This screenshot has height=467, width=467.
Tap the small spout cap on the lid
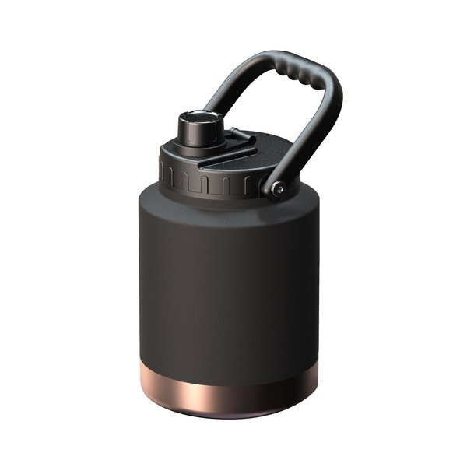pyautogui.click(x=200, y=129)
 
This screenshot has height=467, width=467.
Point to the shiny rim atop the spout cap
pyautogui.click(x=200, y=117)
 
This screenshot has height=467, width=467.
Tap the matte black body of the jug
pyautogui.click(x=226, y=280)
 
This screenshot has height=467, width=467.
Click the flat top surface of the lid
pyautogui.click(x=257, y=156)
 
